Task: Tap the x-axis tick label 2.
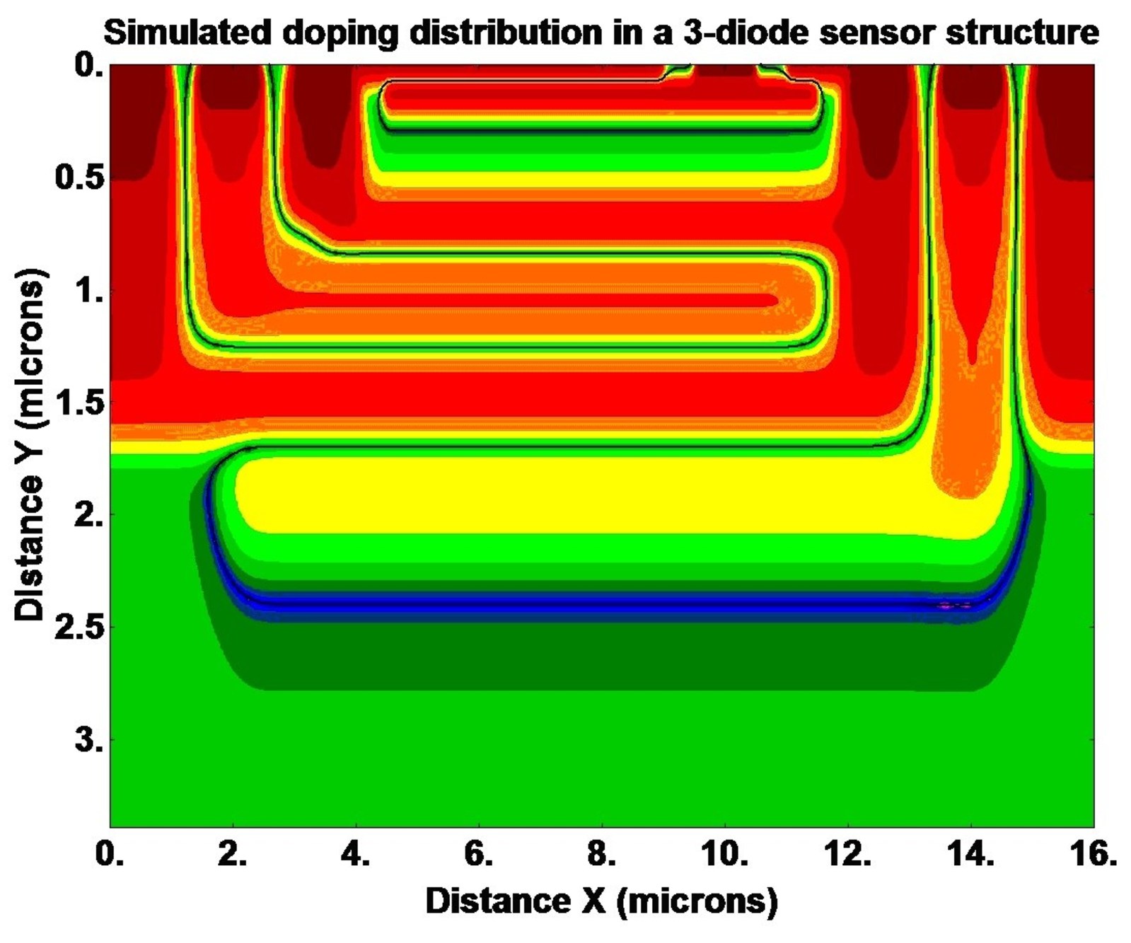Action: pos(231,855)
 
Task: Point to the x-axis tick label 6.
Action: pos(478,855)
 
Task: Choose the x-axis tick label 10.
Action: pos(723,855)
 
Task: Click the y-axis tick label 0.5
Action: pos(78,177)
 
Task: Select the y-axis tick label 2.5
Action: pos(78,627)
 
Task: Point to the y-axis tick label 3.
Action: pos(88,741)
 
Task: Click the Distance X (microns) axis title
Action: pos(601,901)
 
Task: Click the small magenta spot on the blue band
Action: pos(952,606)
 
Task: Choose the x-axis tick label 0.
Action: pos(110,855)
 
